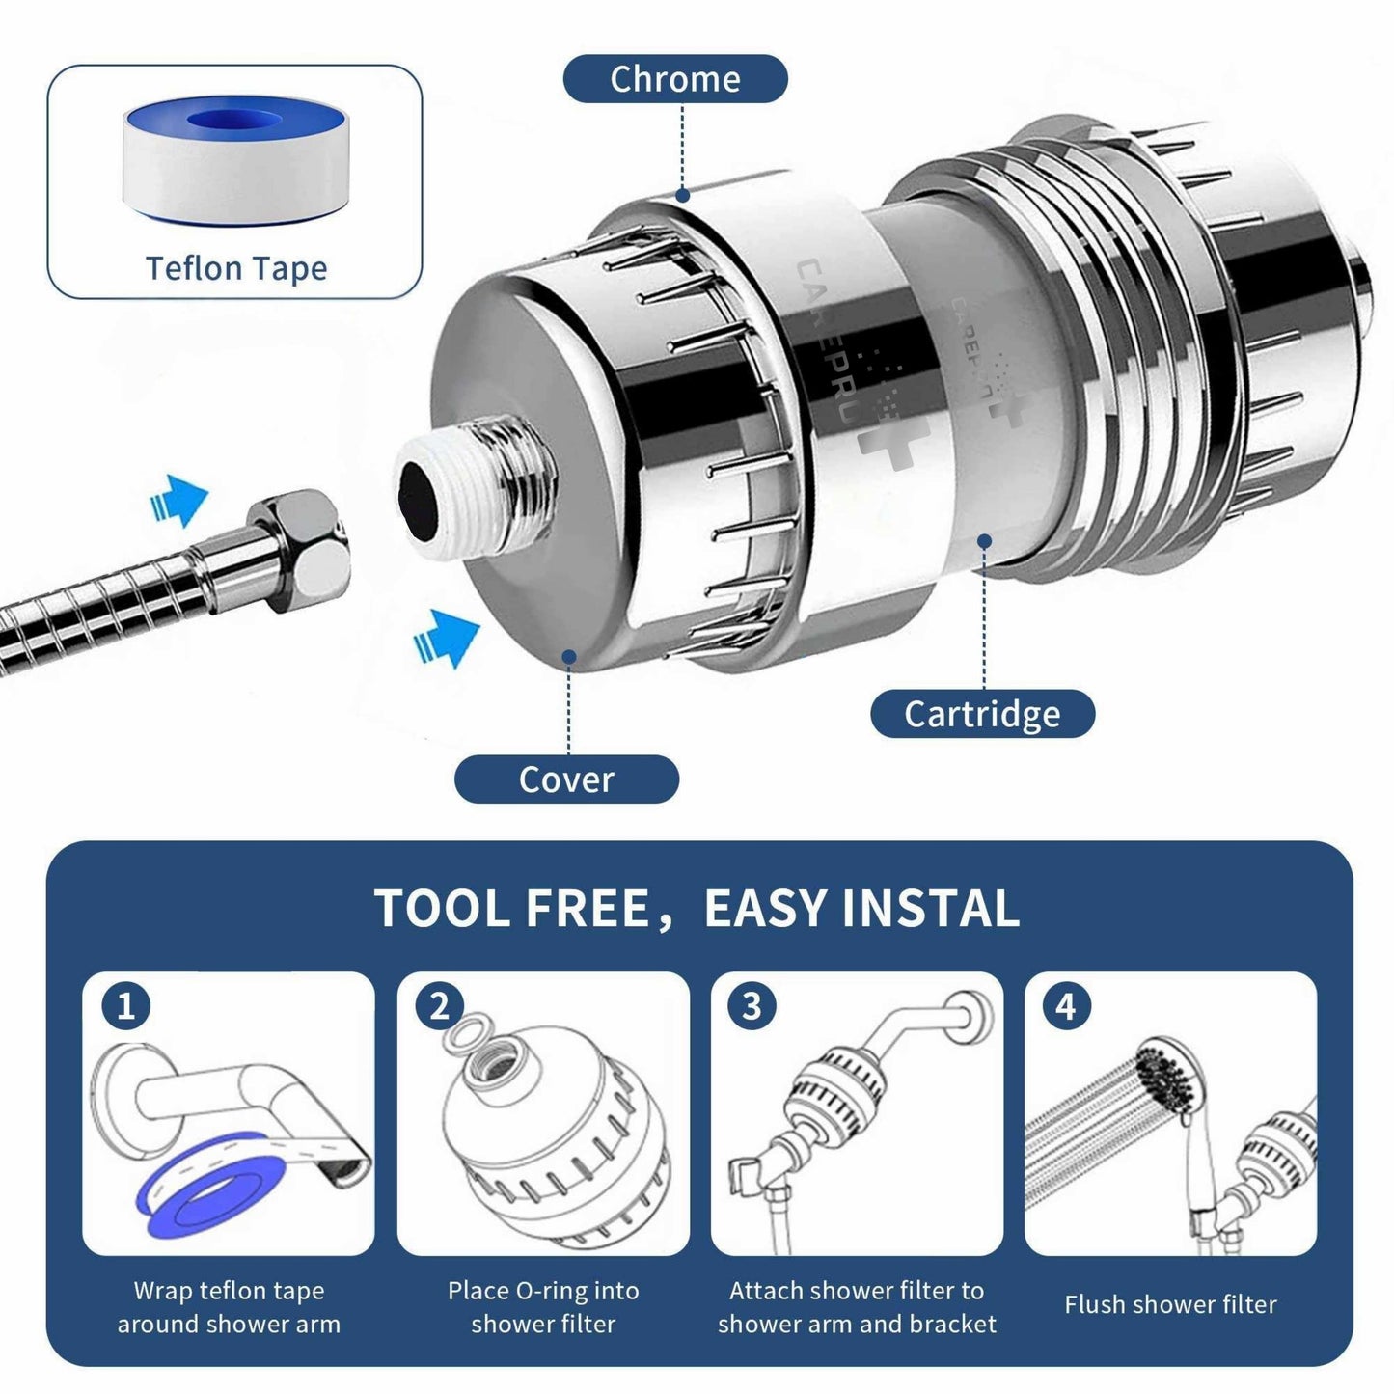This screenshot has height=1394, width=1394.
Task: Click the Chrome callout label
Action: (x=675, y=78)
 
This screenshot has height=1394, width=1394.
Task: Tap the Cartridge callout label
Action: (x=982, y=713)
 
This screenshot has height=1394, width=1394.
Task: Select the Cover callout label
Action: (x=566, y=779)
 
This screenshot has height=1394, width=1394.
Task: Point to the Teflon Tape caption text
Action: (x=236, y=268)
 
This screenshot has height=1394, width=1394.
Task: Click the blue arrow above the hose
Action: (x=178, y=500)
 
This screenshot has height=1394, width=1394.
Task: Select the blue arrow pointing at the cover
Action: (x=447, y=638)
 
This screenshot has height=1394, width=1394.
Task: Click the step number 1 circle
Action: (x=125, y=1006)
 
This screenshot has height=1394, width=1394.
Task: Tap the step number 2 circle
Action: (x=440, y=1006)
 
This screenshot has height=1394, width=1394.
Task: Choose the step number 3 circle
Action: (x=752, y=1006)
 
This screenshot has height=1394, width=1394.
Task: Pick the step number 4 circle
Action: (x=1066, y=1006)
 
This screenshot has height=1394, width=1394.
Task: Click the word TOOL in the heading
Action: (x=442, y=909)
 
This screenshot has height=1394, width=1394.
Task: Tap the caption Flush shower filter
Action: (x=1170, y=1304)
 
